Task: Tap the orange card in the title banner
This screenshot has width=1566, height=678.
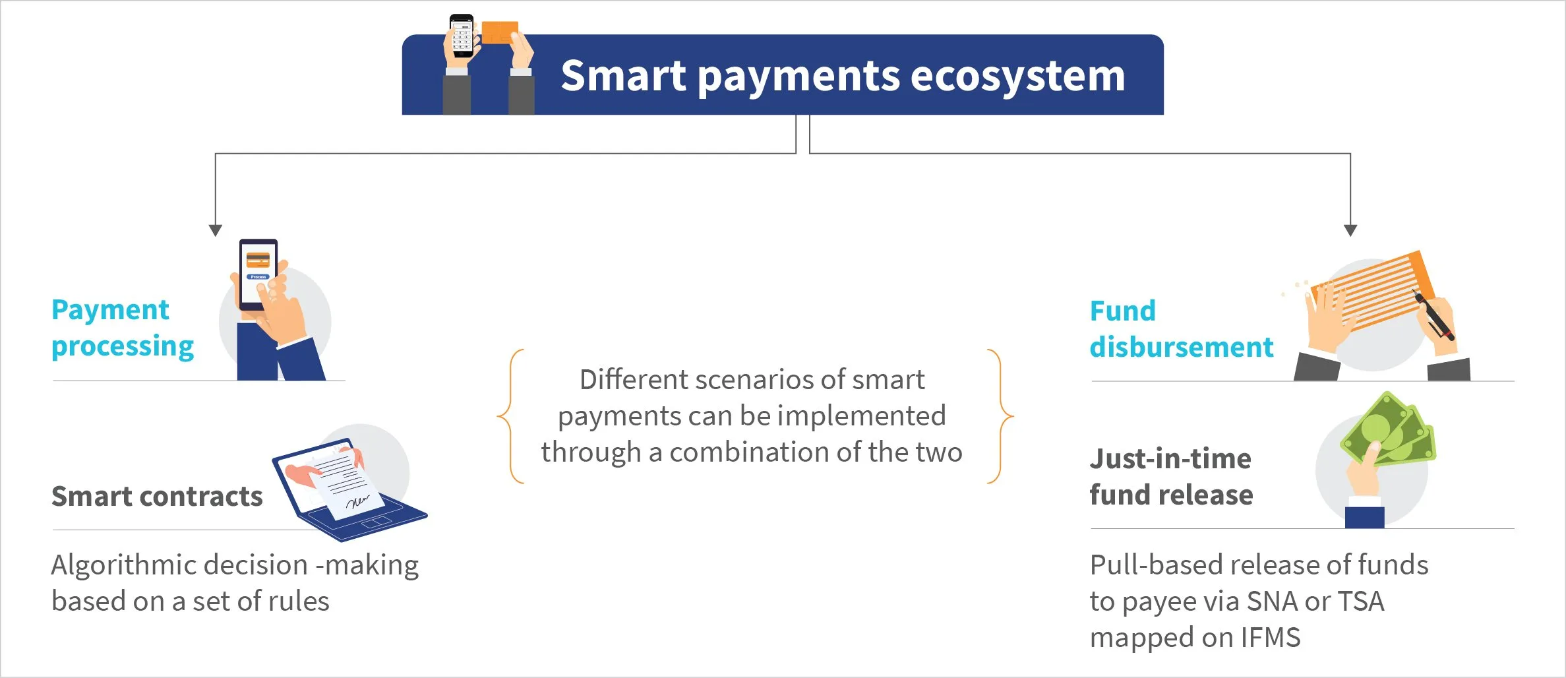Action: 499,32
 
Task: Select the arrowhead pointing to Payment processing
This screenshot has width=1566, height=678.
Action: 215,230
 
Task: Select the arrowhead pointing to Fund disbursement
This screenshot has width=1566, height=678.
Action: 1350,230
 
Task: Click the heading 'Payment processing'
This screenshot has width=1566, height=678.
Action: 123,328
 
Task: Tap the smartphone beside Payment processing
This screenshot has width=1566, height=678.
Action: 258,274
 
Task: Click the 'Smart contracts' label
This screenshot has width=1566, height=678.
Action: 157,497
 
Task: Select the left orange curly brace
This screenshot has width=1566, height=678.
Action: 511,416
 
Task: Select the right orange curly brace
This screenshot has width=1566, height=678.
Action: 1000,416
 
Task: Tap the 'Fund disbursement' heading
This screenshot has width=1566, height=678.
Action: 1182,329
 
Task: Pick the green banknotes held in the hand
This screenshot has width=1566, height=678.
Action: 1389,430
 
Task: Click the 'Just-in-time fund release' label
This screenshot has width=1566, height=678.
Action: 1171,477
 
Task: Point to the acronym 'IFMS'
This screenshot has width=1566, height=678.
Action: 1271,638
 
